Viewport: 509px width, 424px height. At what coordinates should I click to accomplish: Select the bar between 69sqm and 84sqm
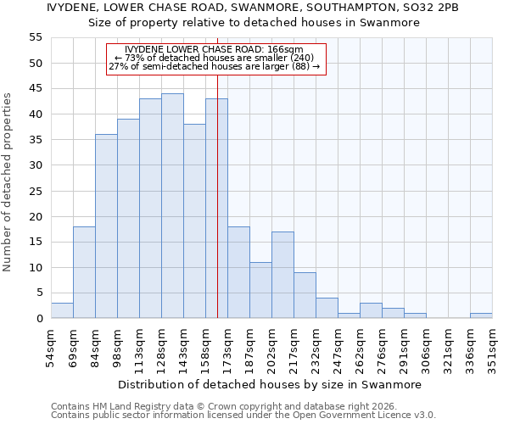[x=84, y=272]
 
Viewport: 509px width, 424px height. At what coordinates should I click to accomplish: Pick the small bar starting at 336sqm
[x=481, y=315]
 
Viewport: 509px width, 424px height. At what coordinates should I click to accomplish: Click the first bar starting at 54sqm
[x=62, y=310]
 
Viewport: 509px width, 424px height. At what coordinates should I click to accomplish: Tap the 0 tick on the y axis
[x=38, y=319]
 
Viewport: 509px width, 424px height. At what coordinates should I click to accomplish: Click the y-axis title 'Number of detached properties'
[x=8, y=182]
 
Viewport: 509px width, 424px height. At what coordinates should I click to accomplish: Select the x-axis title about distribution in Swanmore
[x=270, y=384]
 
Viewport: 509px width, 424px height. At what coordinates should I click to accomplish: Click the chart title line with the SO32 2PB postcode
[x=255, y=8]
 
